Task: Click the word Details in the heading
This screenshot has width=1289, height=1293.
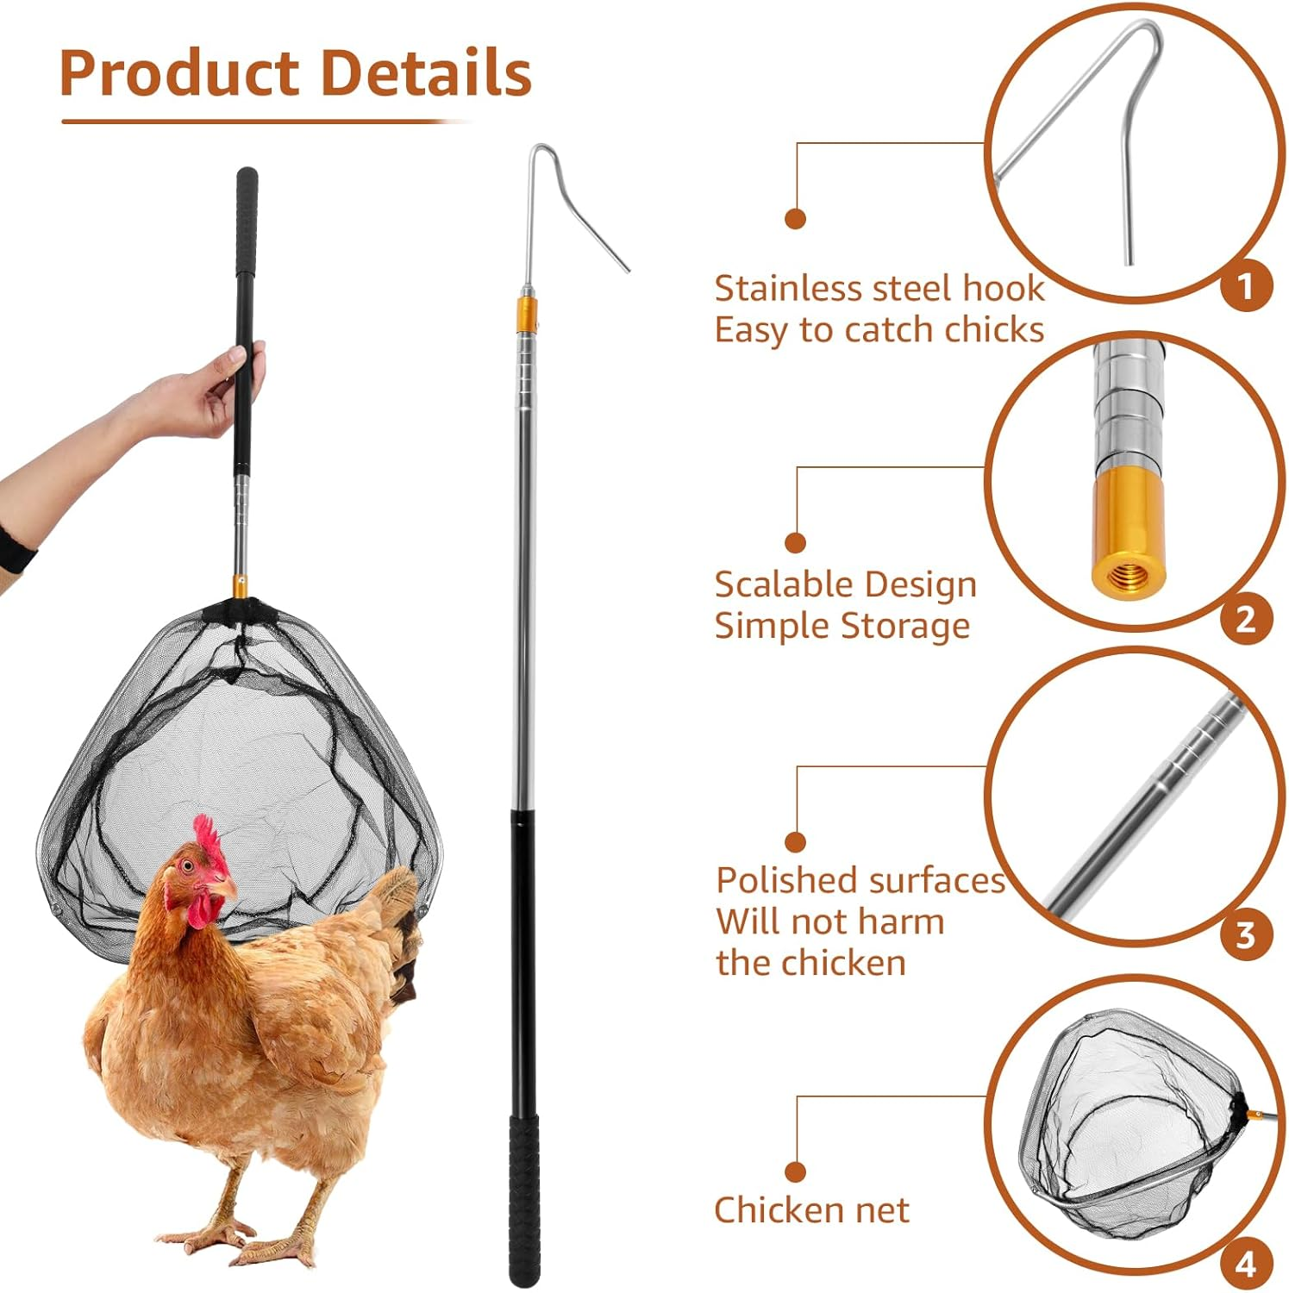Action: (x=427, y=73)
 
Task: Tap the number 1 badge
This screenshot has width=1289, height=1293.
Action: (x=1246, y=285)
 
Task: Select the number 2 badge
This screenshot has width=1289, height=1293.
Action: (x=1246, y=619)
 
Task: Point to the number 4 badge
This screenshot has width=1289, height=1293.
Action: (x=1246, y=1265)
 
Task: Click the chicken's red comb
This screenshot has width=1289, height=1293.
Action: (x=207, y=840)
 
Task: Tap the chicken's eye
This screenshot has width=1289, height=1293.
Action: (x=187, y=865)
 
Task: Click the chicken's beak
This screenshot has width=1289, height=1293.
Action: (x=226, y=888)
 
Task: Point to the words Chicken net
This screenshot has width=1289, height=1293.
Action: (x=811, y=1210)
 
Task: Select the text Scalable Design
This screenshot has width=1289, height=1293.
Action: (x=846, y=584)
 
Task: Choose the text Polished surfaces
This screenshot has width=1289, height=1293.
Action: (x=860, y=880)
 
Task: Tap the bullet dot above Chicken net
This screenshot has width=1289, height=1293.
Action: (x=795, y=1171)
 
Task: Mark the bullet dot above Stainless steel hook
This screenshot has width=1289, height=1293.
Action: (x=795, y=219)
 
